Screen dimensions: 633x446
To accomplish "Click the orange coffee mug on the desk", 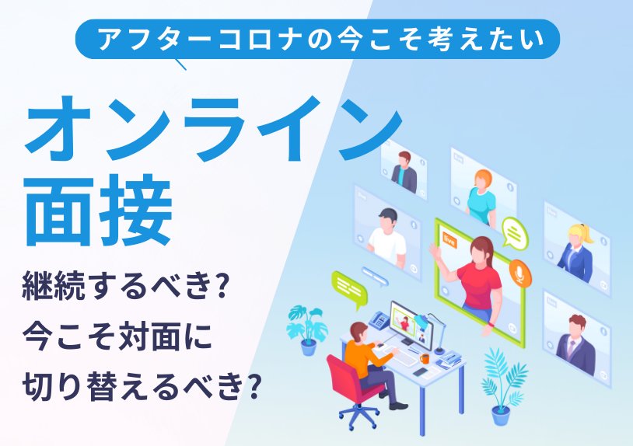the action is click(425, 358).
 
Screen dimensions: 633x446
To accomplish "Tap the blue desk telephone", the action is click(379, 320).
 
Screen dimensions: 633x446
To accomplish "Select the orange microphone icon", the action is click(520, 274).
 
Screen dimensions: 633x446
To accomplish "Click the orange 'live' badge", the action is click(449, 240).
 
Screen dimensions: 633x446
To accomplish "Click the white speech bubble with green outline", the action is click(514, 233).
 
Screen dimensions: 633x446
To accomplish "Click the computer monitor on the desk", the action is click(411, 325).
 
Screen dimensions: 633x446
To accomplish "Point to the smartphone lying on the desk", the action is click(420, 371).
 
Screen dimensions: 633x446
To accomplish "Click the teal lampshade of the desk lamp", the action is click(421, 321).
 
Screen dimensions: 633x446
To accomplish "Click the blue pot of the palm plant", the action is click(501, 416).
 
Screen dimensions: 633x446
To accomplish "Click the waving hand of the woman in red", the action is click(435, 251).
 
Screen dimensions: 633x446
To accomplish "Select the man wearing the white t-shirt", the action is click(387, 237).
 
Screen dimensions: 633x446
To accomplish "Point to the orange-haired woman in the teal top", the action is click(481, 197).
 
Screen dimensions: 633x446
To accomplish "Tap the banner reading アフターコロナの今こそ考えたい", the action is click(317, 39).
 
